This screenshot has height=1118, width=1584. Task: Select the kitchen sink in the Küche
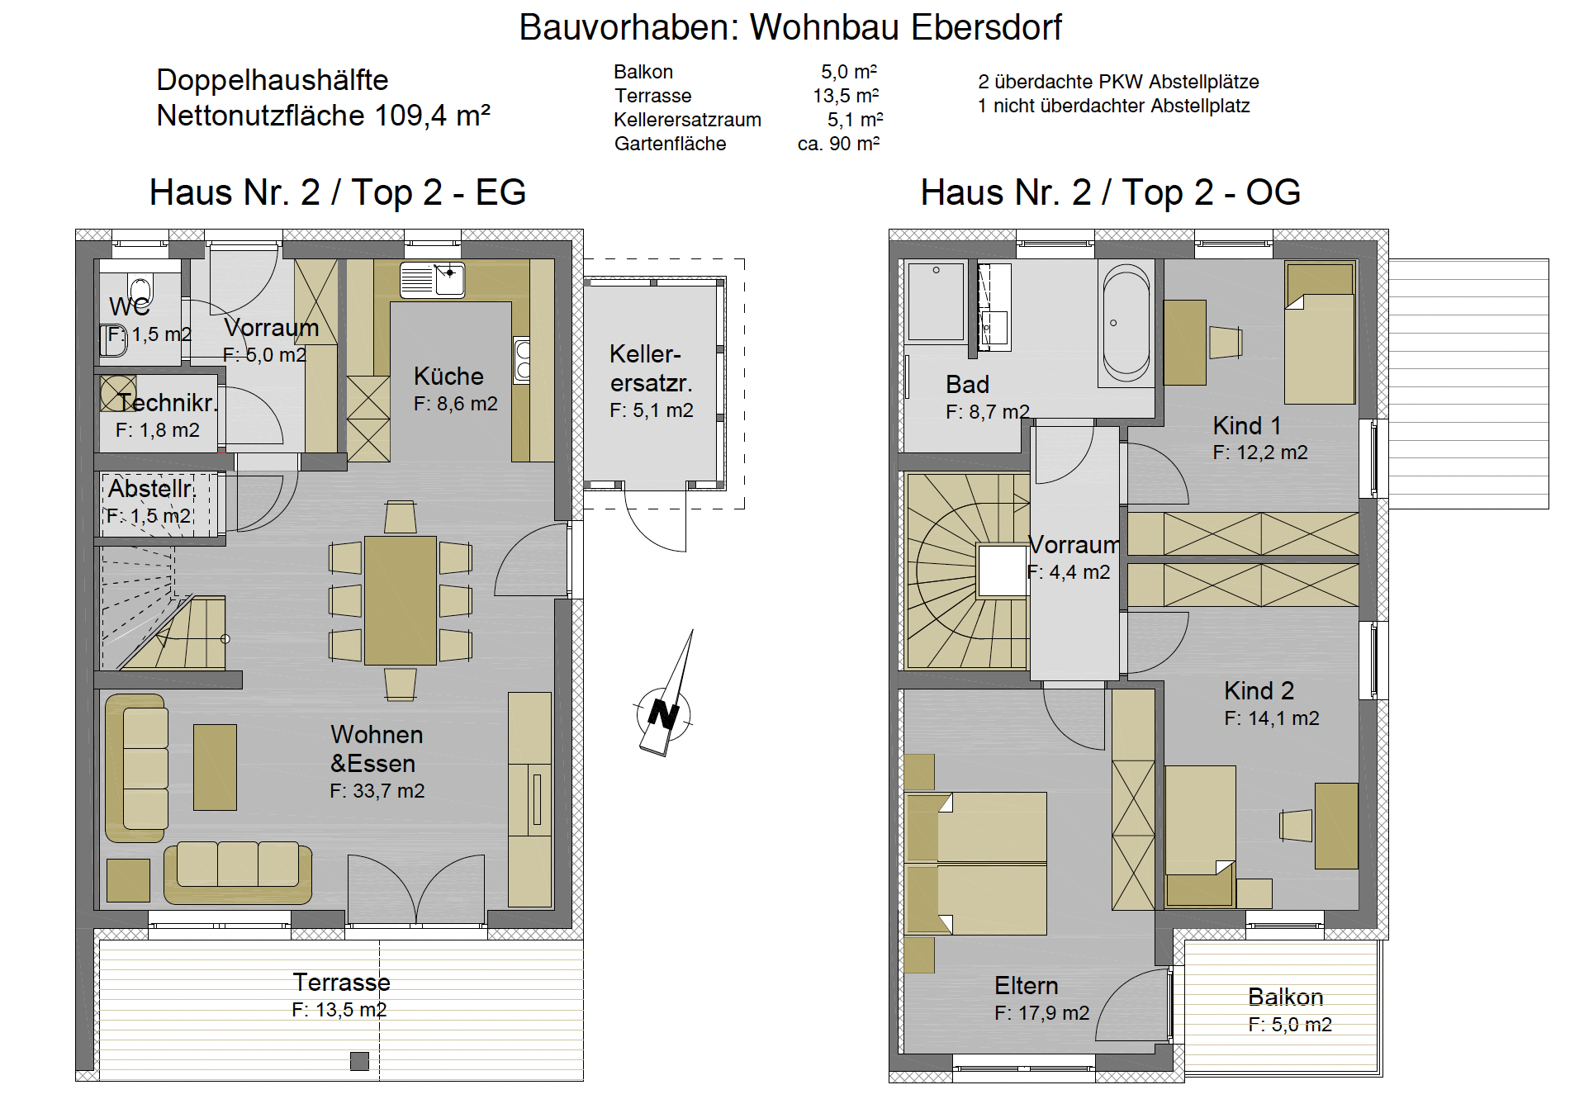coord(432,280)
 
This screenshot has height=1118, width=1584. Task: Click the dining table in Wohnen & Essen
coord(401,600)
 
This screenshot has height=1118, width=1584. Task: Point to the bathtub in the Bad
coord(1126,323)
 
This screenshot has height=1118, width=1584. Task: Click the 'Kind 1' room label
coord(1247,425)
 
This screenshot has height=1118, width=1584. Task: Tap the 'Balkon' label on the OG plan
coord(1285,997)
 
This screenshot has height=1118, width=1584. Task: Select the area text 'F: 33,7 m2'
coord(377,791)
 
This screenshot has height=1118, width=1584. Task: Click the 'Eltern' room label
coord(1026,985)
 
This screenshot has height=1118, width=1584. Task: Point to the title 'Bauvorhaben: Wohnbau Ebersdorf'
coord(790,27)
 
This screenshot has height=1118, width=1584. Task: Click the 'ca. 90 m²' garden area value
coord(838,144)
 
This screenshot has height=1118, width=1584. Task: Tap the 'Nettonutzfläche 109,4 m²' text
coord(324,116)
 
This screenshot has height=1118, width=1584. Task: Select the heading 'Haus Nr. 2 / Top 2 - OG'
coord(1111,192)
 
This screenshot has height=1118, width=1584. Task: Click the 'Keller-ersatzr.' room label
coord(651,368)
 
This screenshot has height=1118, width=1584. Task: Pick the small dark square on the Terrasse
coord(359,1061)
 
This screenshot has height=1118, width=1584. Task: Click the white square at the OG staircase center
coord(1003,571)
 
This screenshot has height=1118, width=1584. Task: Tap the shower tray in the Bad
coord(936,301)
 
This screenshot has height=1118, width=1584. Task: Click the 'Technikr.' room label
coord(168,403)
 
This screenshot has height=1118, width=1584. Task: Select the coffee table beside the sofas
coord(215,767)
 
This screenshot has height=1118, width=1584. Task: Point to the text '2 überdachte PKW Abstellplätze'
coord(1118,82)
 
